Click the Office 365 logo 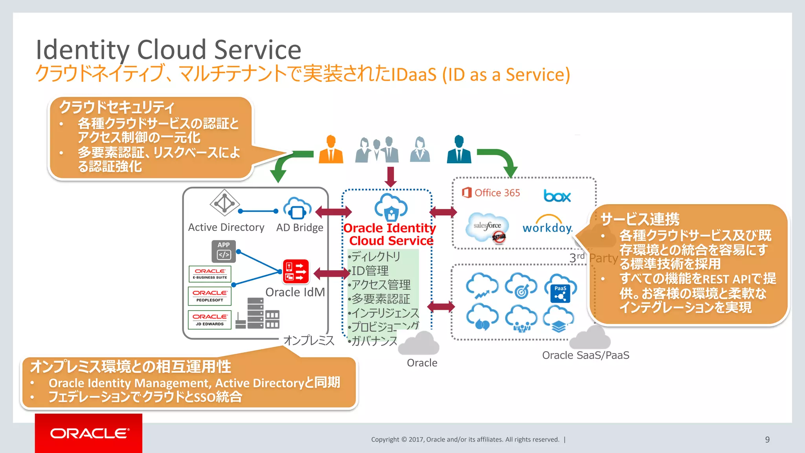491,193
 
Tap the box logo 557,195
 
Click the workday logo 548,225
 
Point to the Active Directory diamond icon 224,203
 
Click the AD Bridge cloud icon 298,208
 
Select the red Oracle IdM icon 296,271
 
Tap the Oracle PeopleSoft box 210,296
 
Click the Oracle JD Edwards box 210,319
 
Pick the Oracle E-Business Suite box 210,274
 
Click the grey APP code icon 224,251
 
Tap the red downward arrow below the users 390,177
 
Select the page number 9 767,440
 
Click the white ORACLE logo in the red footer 90,433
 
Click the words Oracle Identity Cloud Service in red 390,234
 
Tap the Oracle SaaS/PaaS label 586,355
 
